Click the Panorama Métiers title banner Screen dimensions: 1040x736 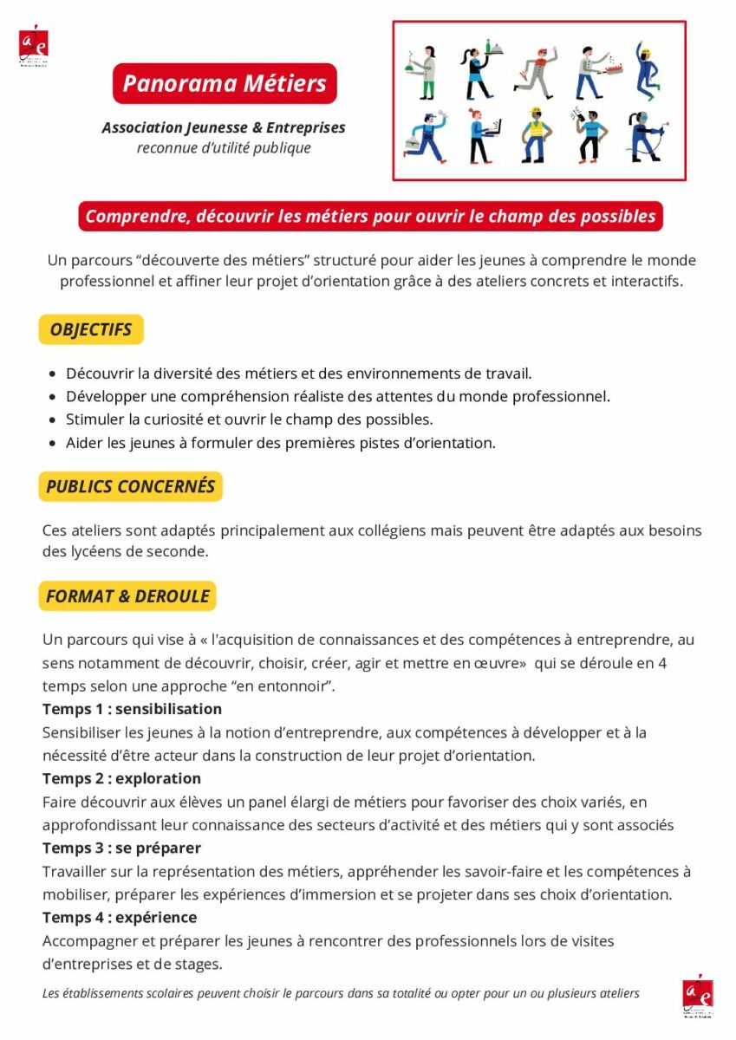(x=225, y=83)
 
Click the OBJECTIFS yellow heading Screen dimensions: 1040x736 (x=91, y=329)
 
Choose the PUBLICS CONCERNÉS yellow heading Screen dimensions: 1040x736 (x=130, y=486)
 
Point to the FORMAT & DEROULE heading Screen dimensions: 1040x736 (x=127, y=596)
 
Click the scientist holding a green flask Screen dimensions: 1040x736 (x=425, y=73)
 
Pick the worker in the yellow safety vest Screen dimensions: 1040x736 (x=536, y=134)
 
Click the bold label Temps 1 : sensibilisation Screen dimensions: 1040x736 (x=132, y=709)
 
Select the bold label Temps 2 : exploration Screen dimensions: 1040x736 (x=121, y=778)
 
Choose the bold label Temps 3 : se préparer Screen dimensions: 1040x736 (x=121, y=848)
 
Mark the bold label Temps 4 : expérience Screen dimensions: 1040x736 (x=120, y=917)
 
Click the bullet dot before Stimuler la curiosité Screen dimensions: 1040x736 (x=54, y=420)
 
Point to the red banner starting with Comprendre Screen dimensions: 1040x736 (x=370, y=217)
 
